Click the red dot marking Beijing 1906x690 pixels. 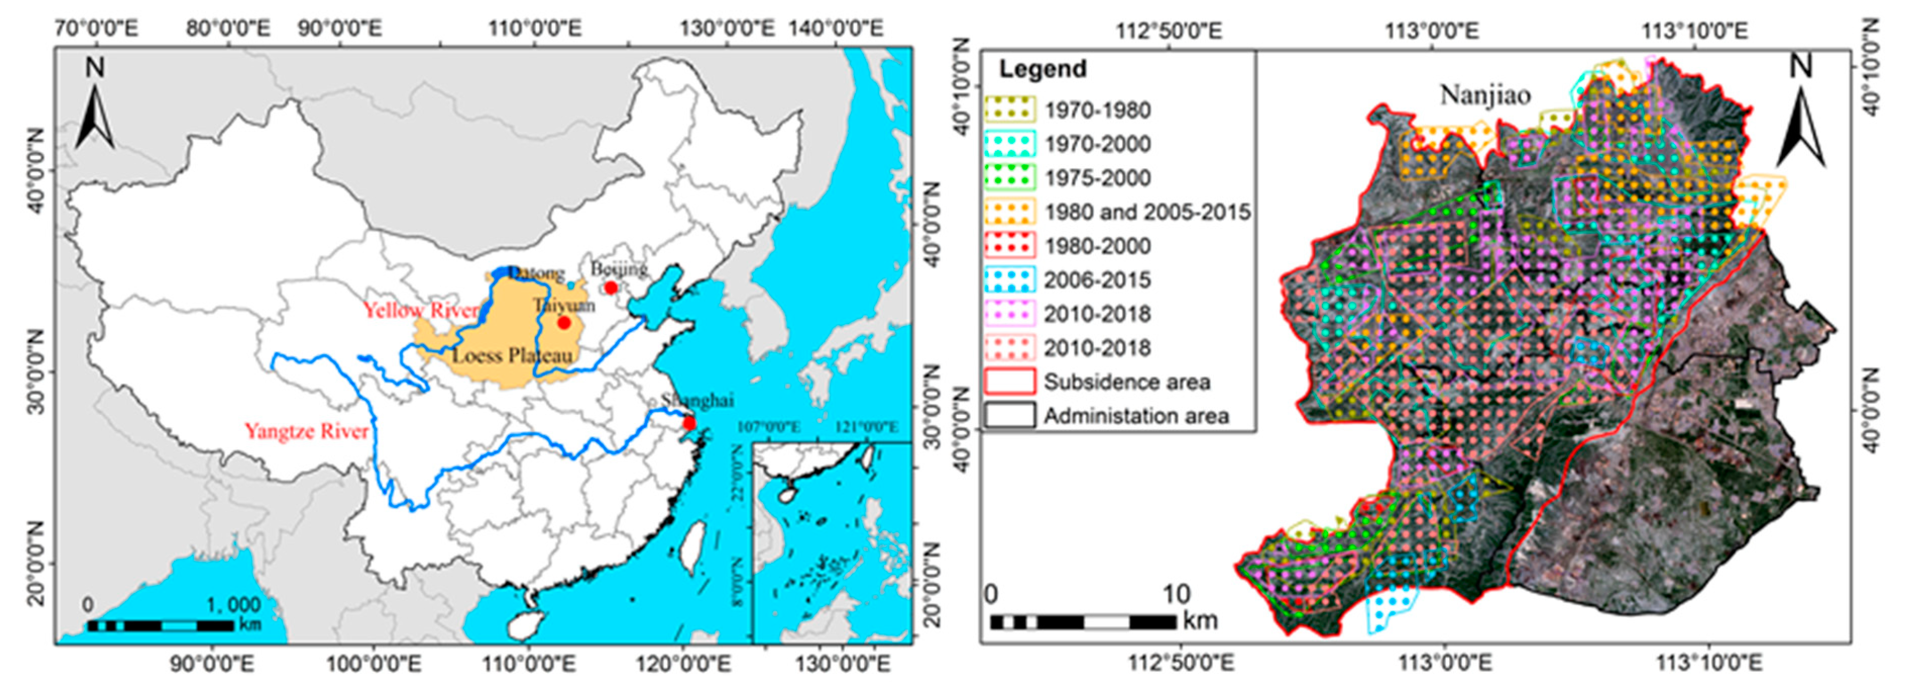coord(610,287)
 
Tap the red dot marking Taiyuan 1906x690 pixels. coord(564,323)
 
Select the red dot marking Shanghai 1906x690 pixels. coord(689,423)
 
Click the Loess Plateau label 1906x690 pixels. coord(512,356)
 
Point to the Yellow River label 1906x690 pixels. coord(420,310)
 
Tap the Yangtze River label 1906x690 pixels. coord(306,432)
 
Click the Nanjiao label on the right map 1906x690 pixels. coord(1484,95)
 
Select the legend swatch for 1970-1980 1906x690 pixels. coord(1009,110)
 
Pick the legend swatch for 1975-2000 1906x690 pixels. coord(1009,178)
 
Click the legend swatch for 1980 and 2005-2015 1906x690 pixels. coord(1009,211)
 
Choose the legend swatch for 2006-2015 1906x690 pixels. coord(1009,280)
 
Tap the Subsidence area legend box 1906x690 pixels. coord(1009,382)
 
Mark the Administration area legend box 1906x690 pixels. coord(1009,416)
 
